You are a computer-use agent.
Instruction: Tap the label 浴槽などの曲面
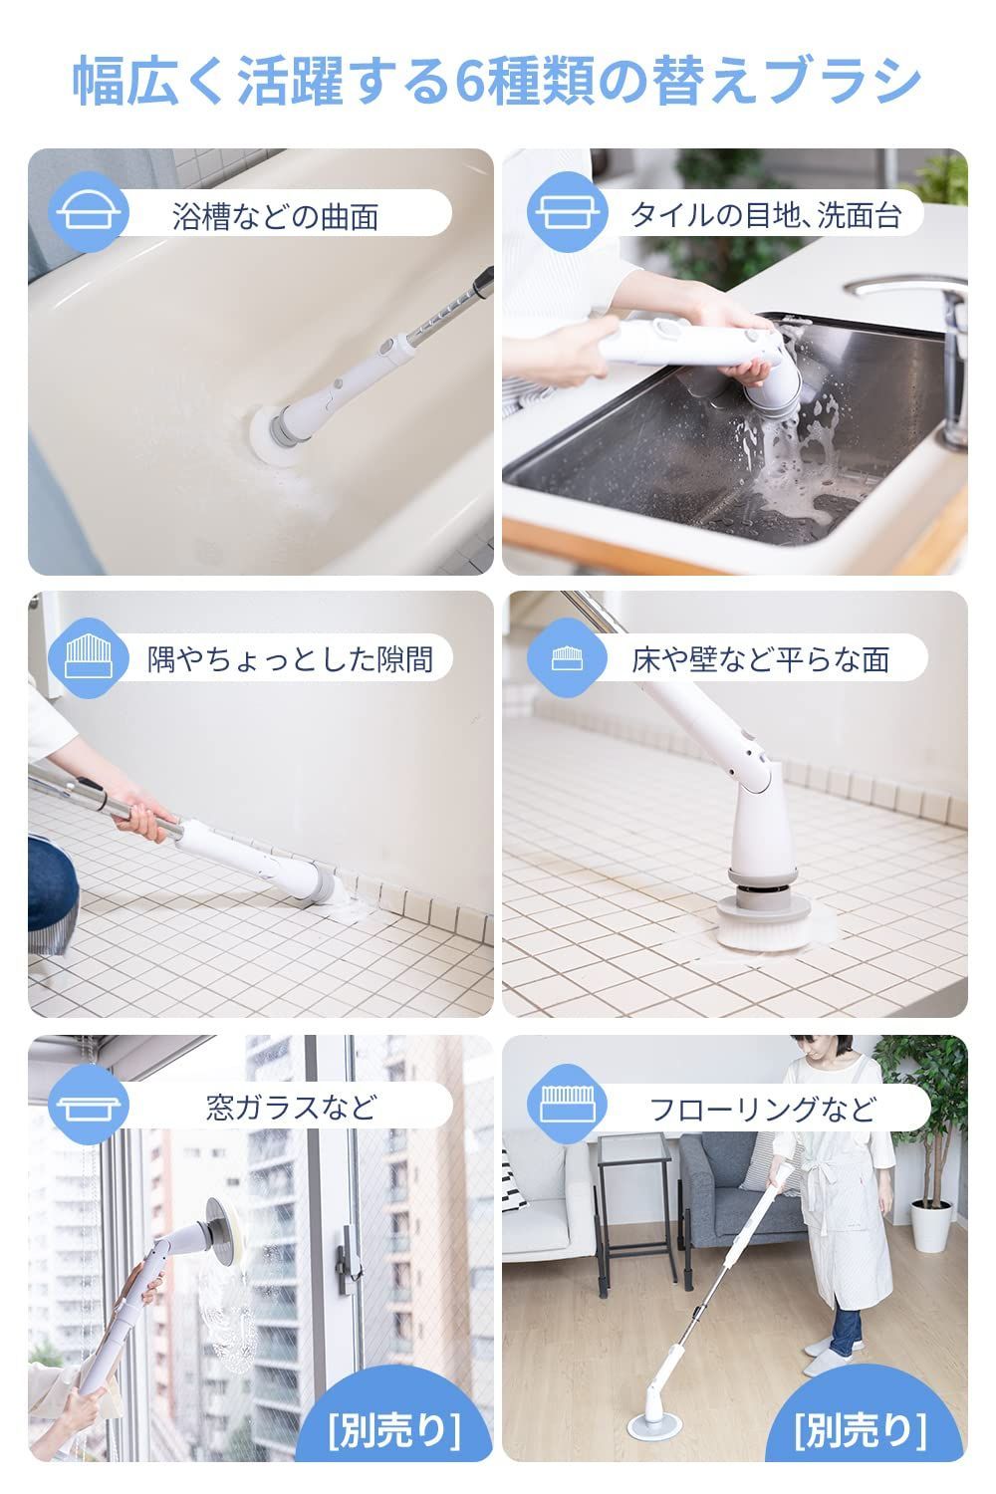(x=276, y=216)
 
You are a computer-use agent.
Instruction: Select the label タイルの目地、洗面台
(x=766, y=215)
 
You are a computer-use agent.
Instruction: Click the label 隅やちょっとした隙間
(x=290, y=658)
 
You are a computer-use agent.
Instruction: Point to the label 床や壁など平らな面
(x=761, y=658)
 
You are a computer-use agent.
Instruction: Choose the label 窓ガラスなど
(x=291, y=1108)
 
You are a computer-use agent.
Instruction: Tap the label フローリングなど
(x=763, y=1109)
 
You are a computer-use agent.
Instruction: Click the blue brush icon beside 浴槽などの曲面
(x=89, y=212)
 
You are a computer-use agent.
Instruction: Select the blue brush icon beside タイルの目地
(x=568, y=212)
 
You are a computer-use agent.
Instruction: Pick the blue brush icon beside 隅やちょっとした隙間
(x=89, y=657)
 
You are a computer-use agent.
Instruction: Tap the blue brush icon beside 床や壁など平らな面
(x=568, y=657)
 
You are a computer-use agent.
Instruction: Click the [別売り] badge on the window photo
(x=394, y=1430)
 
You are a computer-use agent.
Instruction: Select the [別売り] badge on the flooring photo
(x=861, y=1430)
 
